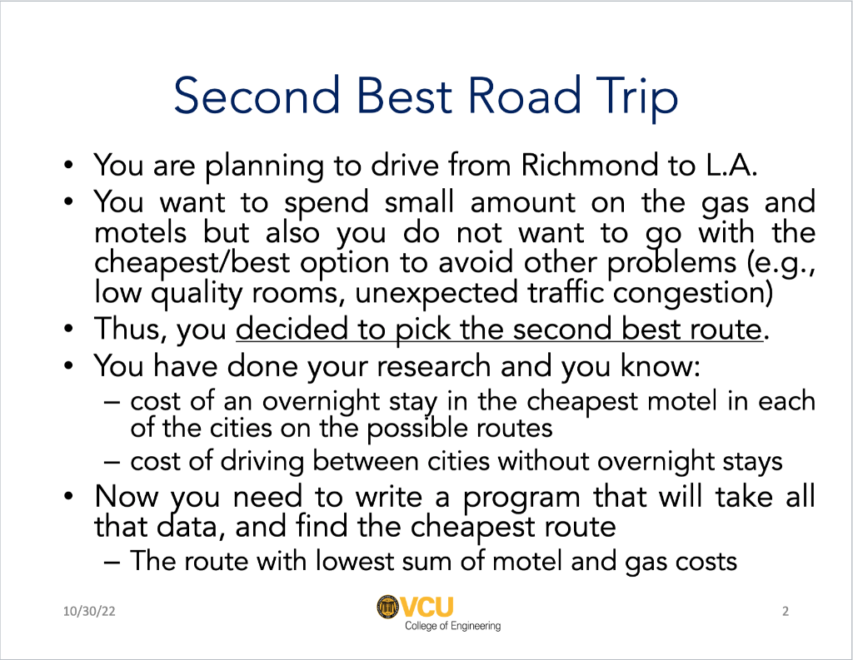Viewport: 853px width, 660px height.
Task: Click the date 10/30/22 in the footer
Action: [89, 612]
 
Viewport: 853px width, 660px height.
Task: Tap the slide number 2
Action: [785, 612]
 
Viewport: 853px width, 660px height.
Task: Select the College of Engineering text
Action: [452, 626]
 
